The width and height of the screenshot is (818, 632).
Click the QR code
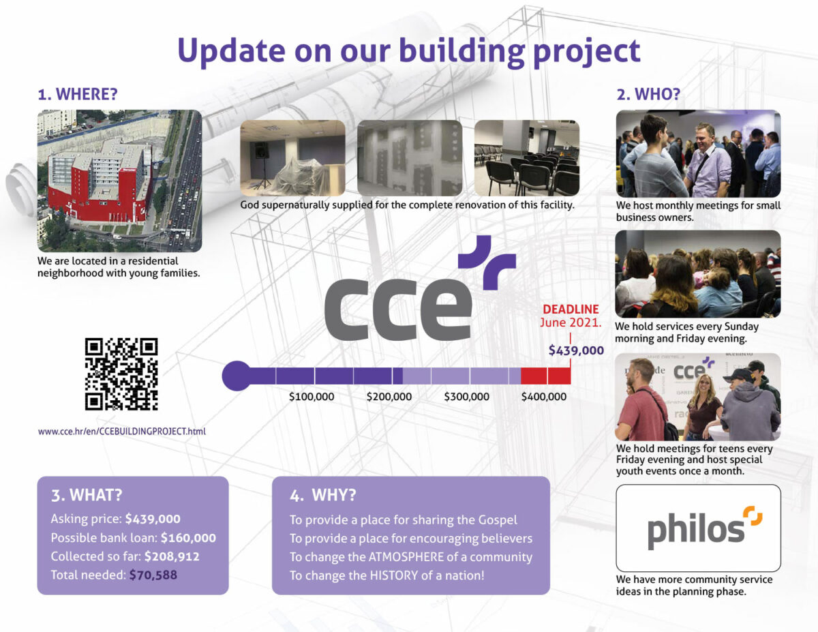121,374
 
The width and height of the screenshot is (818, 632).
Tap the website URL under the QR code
122,432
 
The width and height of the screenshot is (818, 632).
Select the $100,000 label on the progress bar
312,396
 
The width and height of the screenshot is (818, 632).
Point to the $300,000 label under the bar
466,396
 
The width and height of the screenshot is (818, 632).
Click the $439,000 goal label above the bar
576,350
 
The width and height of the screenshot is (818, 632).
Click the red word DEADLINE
571,309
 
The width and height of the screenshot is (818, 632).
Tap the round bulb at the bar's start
237,376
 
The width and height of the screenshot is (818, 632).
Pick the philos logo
704,527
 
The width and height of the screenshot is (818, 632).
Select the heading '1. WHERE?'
78,94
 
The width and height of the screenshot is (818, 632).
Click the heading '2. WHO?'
648,94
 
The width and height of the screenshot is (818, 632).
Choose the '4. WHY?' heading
323,495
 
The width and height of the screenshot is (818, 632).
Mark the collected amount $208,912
172,556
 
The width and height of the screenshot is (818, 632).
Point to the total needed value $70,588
153,575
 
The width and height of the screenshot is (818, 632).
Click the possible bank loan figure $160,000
189,537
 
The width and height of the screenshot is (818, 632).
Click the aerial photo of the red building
120,181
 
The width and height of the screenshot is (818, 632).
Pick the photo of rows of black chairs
527,158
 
